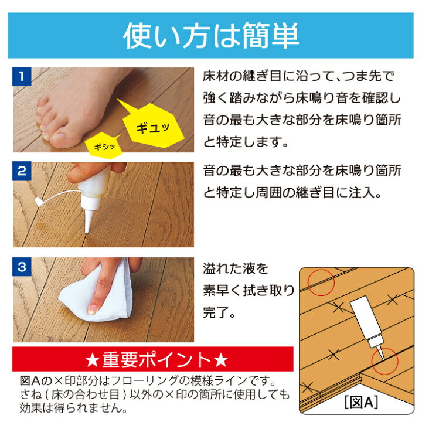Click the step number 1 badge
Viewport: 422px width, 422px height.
coord(21,76)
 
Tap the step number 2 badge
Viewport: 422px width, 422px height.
coord(21,171)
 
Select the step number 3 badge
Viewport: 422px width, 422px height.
coord(21,267)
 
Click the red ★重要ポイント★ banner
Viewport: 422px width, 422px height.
coord(153,359)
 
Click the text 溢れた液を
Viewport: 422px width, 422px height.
coord(235,269)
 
